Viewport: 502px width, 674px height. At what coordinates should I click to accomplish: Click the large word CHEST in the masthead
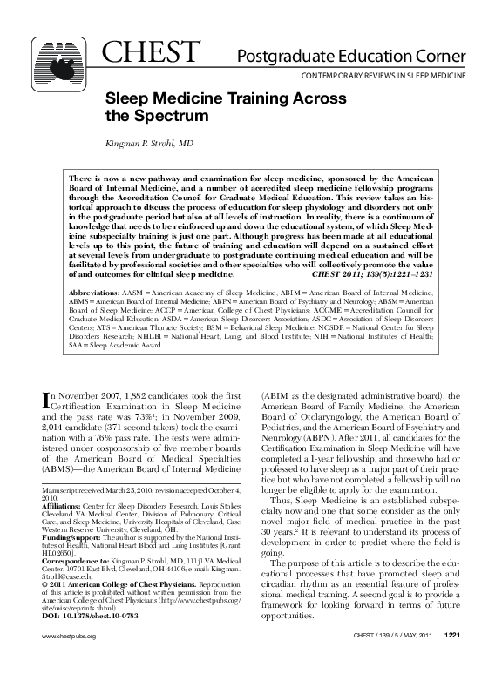coord(151,52)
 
